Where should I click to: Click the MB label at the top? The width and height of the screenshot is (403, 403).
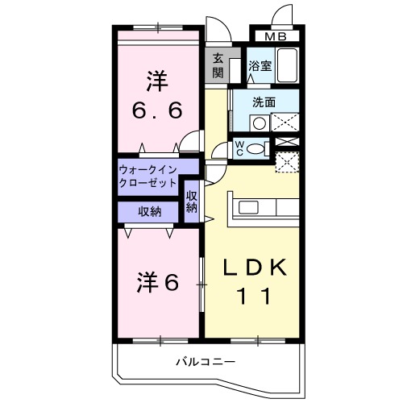click(x=277, y=37)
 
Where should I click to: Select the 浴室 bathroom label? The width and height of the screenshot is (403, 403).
click(x=259, y=67)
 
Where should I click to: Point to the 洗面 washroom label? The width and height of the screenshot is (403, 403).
click(x=264, y=102)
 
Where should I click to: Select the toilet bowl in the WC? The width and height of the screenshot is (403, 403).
click(x=256, y=147)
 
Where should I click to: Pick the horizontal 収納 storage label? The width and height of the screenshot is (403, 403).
click(x=149, y=212)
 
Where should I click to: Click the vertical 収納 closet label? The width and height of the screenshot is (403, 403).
click(x=191, y=201)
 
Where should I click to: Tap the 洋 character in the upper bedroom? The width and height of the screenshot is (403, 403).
click(x=156, y=81)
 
